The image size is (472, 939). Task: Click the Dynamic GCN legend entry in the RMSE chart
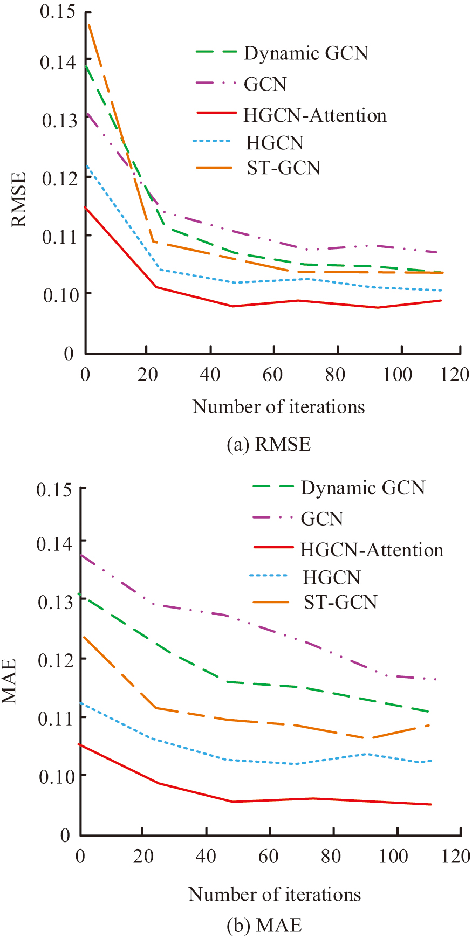pyautogui.click(x=306, y=53)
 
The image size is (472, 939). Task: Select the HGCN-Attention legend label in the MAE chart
pyautogui.click(x=372, y=550)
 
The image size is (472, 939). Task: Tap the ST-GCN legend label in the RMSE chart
pyautogui.click(x=284, y=168)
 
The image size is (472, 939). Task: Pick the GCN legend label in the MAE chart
pyautogui.click(x=322, y=519)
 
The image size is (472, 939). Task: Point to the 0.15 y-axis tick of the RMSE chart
pyautogui.click(x=57, y=11)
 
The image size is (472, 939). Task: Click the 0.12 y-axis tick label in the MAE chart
pyautogui.click(x=56, y=659)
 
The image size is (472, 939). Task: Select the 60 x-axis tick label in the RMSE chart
pyautogui.click(x=273, y=374)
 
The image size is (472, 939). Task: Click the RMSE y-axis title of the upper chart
pyautogui.click(x=19, y=199)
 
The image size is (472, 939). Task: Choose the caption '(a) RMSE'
pyautogui.click(x=269, y=444)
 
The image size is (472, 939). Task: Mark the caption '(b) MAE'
pyautogui.click(x=264, y=926)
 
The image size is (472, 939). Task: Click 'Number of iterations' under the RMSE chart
pyautogui.click(x=278, y=406)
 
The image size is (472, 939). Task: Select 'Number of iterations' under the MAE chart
pyautogui.click(x=275, y=894)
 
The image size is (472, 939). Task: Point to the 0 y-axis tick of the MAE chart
pyautogui.click(x=65, y=836)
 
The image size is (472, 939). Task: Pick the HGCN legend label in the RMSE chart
pyautogui.click(x=275, y=143)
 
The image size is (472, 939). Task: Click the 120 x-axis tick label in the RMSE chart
pyautogui.click(x=455, y=374)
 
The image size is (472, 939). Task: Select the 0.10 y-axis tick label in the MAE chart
pyautogui.click(x=56, y=775)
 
